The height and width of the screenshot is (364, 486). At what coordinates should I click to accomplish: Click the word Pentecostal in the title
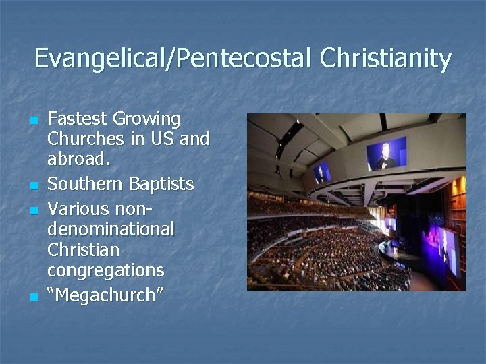pos(244,59)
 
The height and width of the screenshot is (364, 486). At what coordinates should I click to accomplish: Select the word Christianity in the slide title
pos(386,59)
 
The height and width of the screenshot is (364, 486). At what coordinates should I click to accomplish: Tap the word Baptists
pos(163,184)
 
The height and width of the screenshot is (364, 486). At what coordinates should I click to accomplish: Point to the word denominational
pos(111,228)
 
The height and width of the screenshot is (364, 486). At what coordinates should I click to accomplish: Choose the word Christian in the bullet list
pos(83,249)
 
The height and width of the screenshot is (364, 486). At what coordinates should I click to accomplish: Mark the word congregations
pos(105,271)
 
